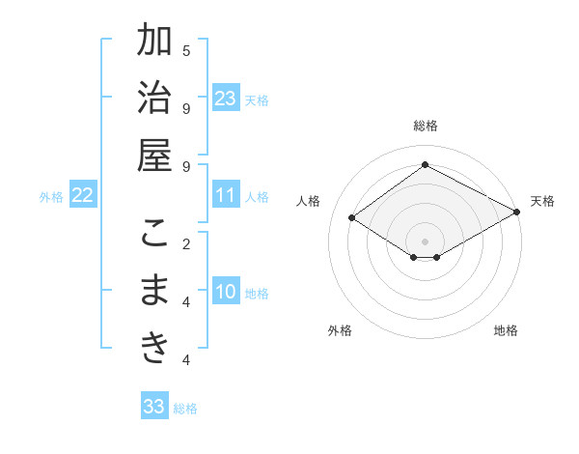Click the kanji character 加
155,43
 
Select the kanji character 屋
155,156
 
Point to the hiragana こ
155,235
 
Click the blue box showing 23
226,98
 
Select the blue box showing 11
226,195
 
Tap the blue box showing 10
226,292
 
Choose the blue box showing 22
82,195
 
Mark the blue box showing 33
153,407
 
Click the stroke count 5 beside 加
186,50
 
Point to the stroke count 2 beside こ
186,242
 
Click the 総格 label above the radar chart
425,126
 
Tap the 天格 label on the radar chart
542,201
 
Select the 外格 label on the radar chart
340,330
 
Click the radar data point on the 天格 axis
518,213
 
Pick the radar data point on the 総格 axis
425,164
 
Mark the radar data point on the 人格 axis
352,218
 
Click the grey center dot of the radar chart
425,241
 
